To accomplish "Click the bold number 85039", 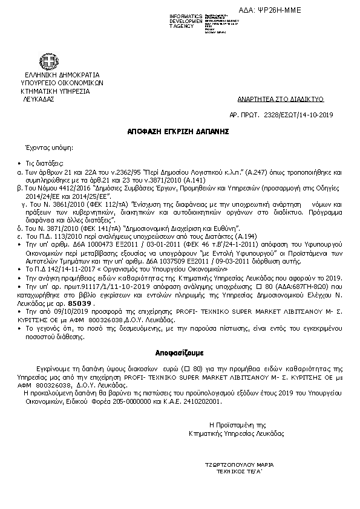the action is pyautogui.click(x=79, y=303).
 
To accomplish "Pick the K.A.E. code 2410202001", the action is pyautogui.click(x=197, y=400).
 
